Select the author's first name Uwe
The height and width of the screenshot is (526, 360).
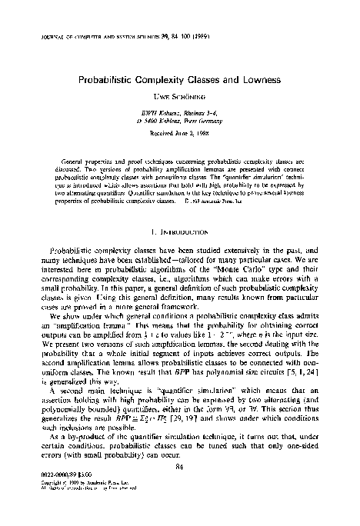(161, 100)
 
